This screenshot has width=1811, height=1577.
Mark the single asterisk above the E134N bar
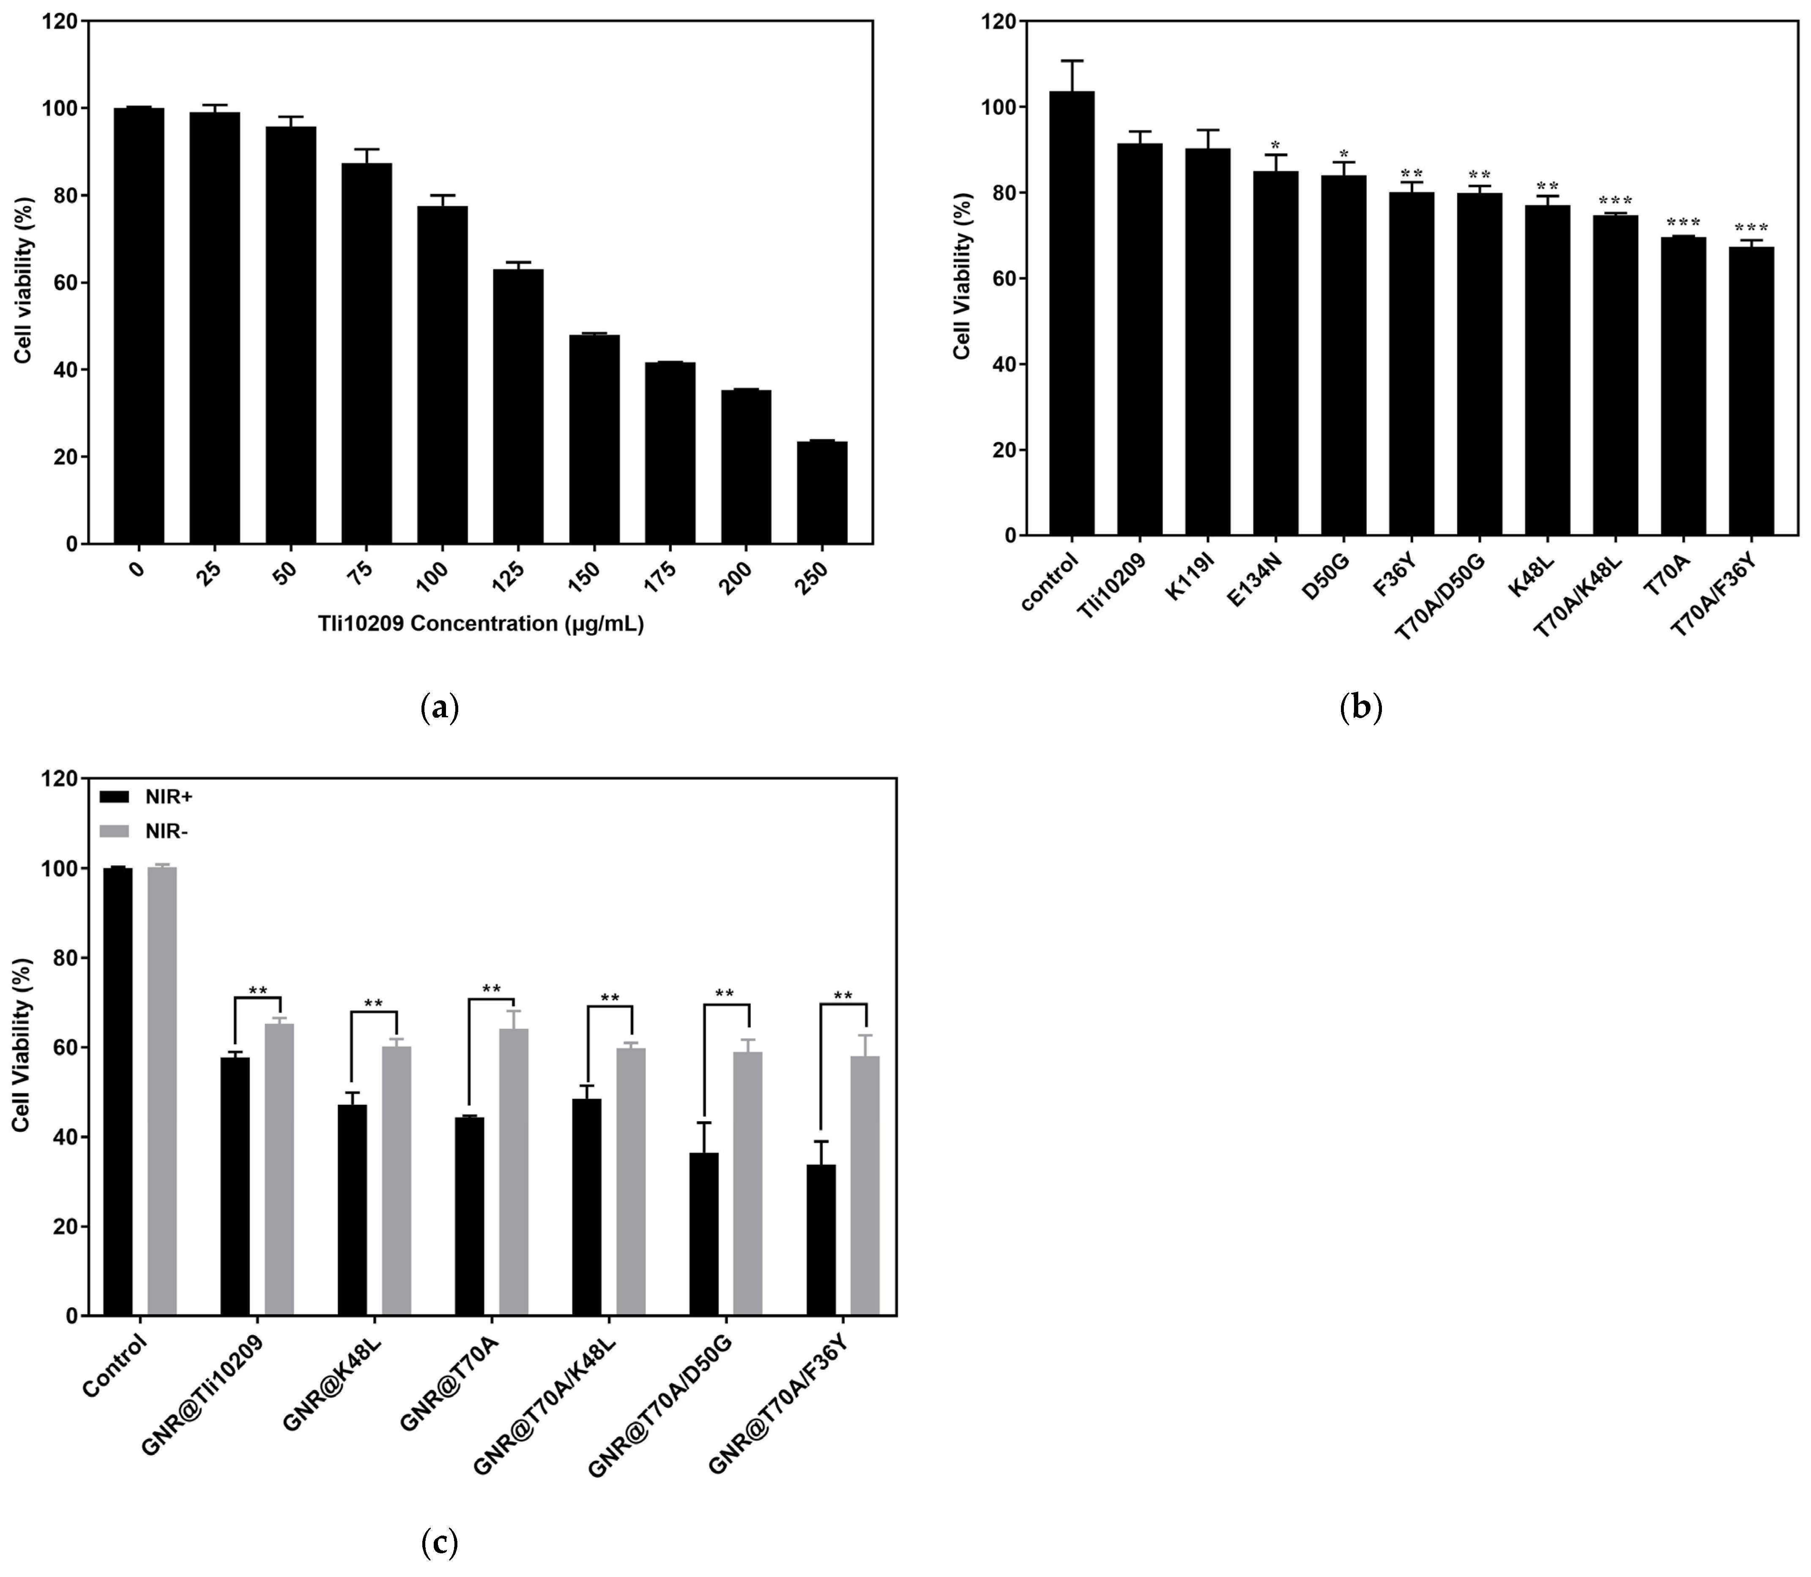(x=1275, y=145)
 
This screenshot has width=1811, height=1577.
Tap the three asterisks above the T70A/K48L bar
(x=1616, y=202)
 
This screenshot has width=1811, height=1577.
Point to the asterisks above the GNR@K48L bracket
(x=374, y=1004)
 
